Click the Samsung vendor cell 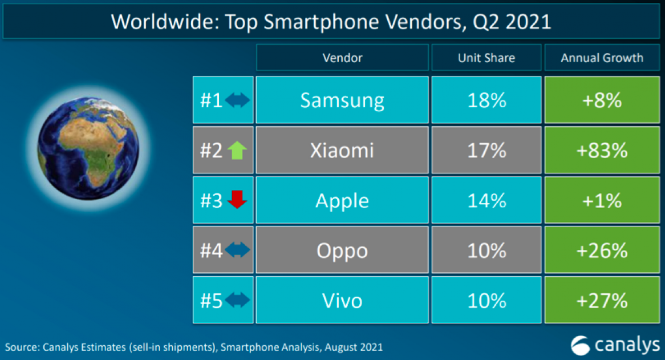342,100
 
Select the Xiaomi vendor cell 342,151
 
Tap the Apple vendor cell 342,200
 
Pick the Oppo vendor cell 342,250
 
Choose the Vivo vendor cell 342,300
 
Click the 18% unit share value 486,100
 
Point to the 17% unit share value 486,151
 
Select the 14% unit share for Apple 486,200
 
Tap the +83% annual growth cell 602,151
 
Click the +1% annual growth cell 602,200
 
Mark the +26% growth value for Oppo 602,250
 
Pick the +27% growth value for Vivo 602,300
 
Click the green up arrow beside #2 237,151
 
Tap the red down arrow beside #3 237,200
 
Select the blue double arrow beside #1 237,101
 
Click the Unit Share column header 486,58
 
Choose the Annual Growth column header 602,58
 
